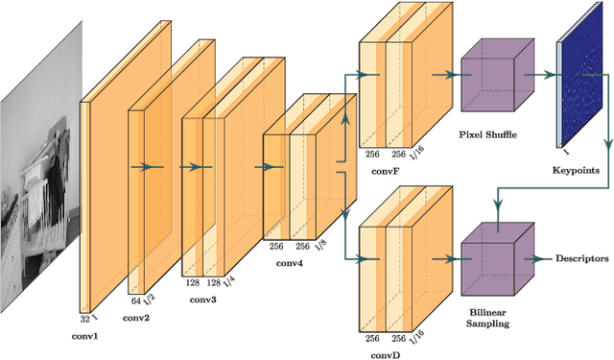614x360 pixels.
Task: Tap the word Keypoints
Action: [x=575, y=170]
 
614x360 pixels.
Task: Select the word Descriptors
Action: [x=582, y=259]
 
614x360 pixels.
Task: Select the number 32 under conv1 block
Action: [x=83, y=319]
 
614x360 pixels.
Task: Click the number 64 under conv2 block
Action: [x=135, y=300]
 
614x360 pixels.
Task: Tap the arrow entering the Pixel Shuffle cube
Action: [x=446, y=72]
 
